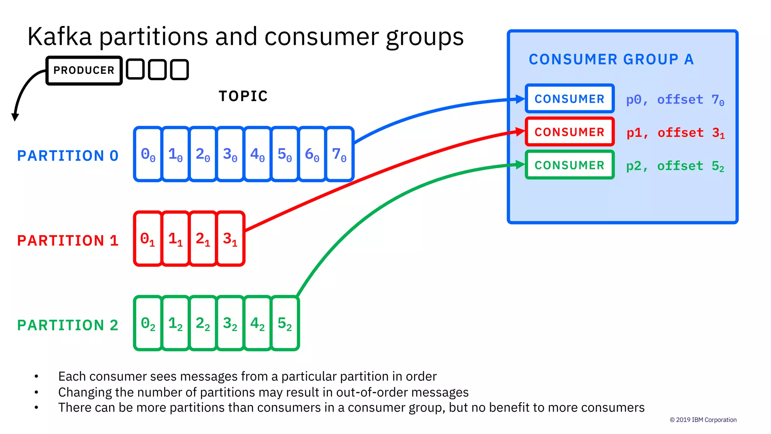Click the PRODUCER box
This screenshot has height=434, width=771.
pyautogui.click(x=84, y=70)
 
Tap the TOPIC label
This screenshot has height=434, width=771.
pyautogui.click(x=243, y=96)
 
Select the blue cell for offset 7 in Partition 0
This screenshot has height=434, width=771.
pyautogui.click(x=339, y=154)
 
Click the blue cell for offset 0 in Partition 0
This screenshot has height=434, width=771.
pyautogui.click(x=148, y=154)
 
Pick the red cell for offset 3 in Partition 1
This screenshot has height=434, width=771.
pyautogui.click(x=230, y=239)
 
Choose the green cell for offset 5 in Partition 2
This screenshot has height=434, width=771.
pyautogui.click(x=285, y=323)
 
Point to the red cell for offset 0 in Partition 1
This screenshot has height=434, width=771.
pyautogui.click(x=148, y=239)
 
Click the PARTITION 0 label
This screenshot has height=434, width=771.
pyautogui.click(x=68, y=156)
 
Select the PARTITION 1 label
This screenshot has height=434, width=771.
pyautogui.click(x=68, y=241)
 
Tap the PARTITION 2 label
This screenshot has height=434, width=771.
pyautogui.click(x=68, y=325)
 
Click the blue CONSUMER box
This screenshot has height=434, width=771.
pyautogui.click(x=569, y=99)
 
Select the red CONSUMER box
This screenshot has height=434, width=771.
pyautogui.click(x=569, y=132)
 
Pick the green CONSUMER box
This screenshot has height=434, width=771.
pyautogui.click(x=569, y=165)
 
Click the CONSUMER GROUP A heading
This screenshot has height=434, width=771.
pyautogui.click(x=611, y=60)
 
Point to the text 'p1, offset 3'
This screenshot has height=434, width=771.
pyautogui.click(x=675, y=133)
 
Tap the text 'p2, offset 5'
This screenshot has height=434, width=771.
pyautogui.click(x=675, y=166)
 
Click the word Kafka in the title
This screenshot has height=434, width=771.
pyautogui.click(x=59, y=37)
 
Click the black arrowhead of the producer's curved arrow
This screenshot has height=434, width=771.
pyautogui.click(x=15, y=117)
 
